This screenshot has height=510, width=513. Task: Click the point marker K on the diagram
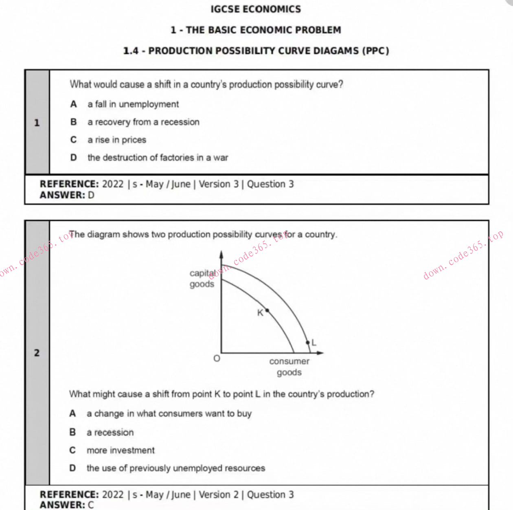click(267, 310)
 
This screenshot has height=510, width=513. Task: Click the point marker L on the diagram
click(308, 343)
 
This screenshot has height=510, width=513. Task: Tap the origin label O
click(217, 359)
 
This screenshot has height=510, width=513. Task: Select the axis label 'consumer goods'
click(289, 367)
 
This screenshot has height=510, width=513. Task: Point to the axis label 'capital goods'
click(202, 279)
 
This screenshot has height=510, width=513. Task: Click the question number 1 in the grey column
click(37, 123)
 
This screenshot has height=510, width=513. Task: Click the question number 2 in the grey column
click(37, 353)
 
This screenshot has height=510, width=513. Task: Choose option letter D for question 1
click(73, 158)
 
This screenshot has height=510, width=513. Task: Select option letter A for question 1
click(73, 104)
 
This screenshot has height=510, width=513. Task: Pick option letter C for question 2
click(72, 450)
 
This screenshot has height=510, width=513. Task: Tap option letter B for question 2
click(72, 432)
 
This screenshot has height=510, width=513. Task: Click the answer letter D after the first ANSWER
click(91, 195)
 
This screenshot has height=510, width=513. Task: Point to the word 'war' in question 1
click(221, 158)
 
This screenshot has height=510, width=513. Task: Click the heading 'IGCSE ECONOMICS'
click(256, 9)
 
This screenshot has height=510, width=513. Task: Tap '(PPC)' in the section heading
click(375, 51)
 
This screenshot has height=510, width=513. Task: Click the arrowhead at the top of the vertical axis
click(221, 254)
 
